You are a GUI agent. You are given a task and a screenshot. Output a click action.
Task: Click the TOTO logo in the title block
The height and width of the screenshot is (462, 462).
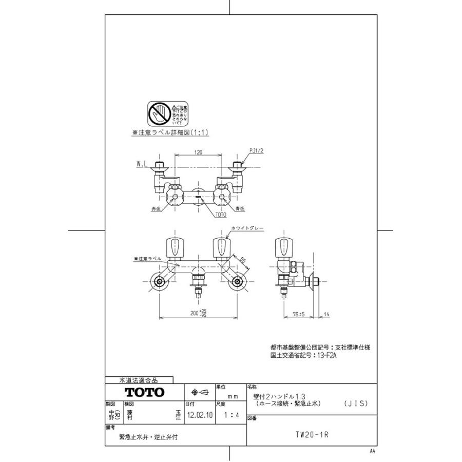[x=146, y=392]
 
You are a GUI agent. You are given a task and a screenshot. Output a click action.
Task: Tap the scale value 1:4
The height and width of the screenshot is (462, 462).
[x=226, y=414]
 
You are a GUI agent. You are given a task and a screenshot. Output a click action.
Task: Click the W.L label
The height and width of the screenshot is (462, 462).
[x=142, y=165]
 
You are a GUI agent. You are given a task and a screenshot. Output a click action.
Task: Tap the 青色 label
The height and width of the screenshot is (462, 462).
[x=240, y=209]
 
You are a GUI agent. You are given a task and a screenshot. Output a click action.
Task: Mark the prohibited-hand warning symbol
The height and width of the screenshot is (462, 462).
[x=160, y=113]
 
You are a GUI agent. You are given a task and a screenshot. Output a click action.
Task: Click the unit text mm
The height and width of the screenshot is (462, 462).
[x=233, y=396]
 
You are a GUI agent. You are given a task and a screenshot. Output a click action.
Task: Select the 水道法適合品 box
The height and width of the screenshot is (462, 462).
[x=139, y=380]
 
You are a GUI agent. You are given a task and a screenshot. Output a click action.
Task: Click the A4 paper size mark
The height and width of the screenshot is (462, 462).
[x=372, y=451]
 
